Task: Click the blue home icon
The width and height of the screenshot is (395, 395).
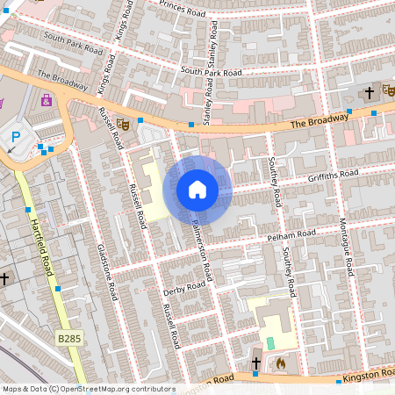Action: [197, 190]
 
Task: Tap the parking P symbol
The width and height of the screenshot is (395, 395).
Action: [16, 138]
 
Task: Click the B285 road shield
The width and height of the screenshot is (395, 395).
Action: [68, 337]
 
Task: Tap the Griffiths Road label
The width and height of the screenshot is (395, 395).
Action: [334, 176]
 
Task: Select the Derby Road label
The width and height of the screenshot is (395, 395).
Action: [184, 290]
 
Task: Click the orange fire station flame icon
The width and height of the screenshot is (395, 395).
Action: [281, 361]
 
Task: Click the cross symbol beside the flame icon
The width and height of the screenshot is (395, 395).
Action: [256, 363]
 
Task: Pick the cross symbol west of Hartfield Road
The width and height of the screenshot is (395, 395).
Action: [4, 278]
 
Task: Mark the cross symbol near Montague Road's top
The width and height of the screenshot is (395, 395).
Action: [370, 92]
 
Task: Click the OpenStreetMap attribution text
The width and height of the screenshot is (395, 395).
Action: [88, 389]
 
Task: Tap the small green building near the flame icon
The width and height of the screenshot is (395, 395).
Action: [270, 342]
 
